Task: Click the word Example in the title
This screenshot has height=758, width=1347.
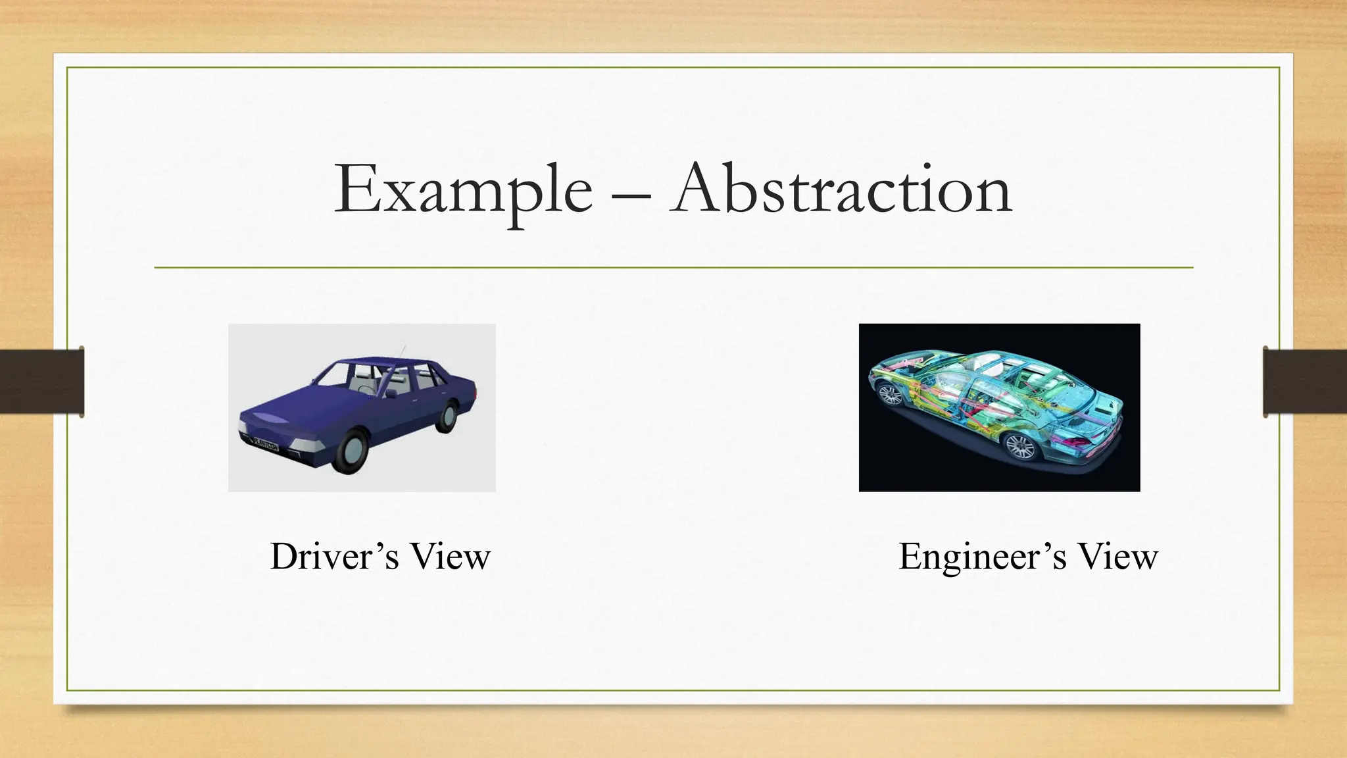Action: point(463,191)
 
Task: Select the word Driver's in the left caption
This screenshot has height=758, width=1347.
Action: point(334,557)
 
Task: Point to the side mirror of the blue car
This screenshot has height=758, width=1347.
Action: point(392,393)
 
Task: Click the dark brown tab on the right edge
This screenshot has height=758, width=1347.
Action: point(1305,382)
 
